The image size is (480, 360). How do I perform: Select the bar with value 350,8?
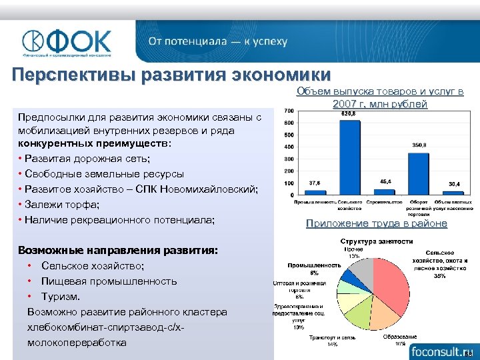click(419, 173)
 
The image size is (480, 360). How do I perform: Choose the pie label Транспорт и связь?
click(327, 337)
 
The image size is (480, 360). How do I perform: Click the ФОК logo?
click(67, 42)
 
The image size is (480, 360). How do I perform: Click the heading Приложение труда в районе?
click(376, 224)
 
